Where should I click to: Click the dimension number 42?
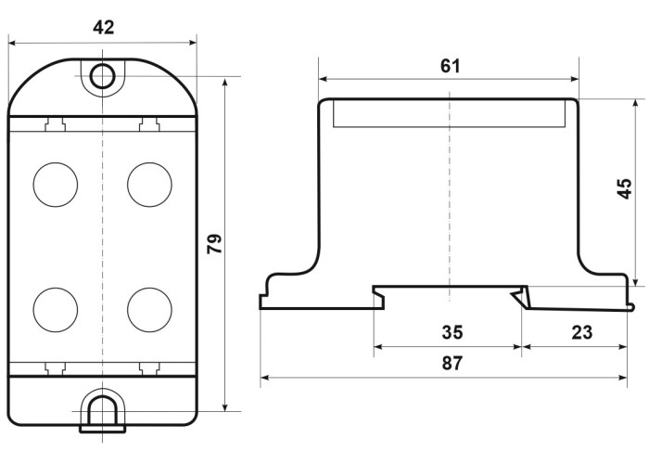103,28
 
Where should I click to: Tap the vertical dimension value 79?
215,243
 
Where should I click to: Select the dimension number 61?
450,66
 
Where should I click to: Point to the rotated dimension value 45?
625,188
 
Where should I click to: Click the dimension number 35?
452,332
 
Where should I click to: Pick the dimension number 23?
582,332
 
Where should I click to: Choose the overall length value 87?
452,364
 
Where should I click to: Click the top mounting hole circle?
102,76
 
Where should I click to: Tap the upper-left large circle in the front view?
56,185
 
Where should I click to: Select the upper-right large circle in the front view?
149,185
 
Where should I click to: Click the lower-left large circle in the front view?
56,310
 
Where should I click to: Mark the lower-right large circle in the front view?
149,310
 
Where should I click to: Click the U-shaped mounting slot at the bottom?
102,410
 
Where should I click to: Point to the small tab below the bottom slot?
102,429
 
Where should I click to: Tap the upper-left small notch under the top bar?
55,124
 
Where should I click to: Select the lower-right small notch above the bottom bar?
149,368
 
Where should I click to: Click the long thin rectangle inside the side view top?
450,112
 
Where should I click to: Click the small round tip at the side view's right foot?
630,307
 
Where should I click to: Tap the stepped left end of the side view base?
265,295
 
